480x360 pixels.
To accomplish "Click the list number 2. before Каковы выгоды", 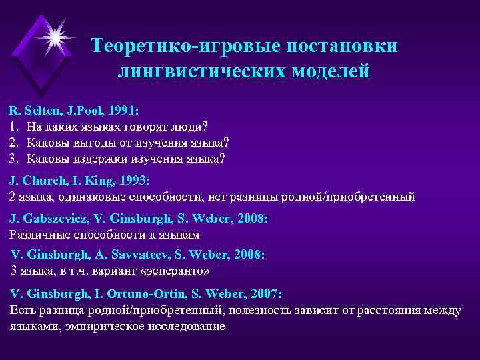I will click(14, 143).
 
